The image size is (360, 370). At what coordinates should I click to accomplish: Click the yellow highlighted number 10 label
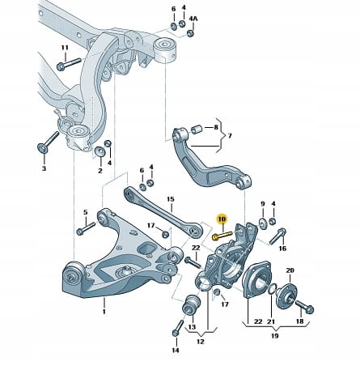click(x=222, y=219)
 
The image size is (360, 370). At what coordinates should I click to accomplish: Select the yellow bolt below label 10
click(x=222, y=236)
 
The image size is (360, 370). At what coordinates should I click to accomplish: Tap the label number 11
click(x=65, y=48)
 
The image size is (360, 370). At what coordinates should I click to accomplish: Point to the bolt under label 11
click(x=69, y=64)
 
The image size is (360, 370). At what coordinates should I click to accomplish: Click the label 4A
click(x=193, y=19)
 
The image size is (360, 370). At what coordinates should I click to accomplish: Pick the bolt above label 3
click(x=48, y=142)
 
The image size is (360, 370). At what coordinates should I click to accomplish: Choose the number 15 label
click(x=171, y=199)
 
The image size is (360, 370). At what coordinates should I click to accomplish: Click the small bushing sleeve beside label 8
click(x=197, y=129)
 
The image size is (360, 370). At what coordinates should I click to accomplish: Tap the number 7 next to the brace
click(x=230, y=135)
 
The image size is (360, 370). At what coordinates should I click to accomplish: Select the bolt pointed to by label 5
click(x=86, y=228)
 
